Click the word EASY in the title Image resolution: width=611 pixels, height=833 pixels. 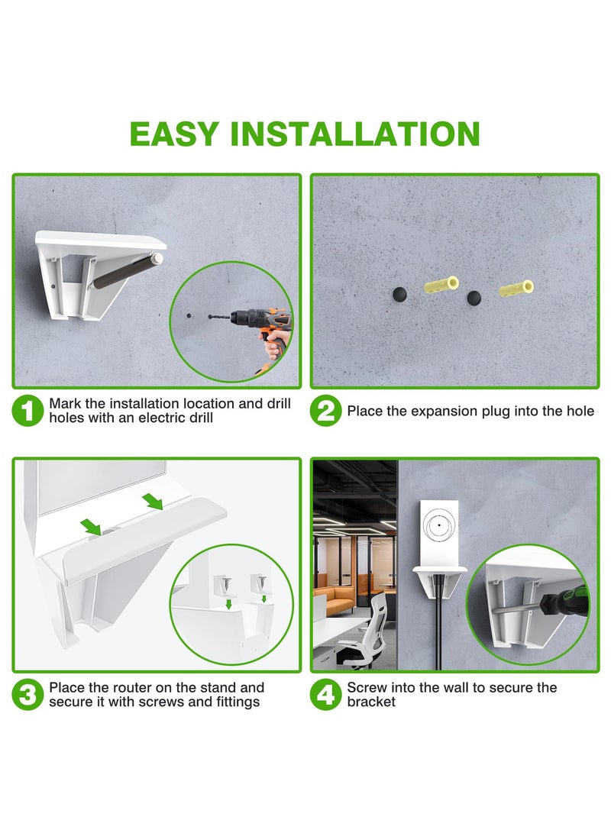174,134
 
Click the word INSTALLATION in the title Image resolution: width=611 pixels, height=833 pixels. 355,134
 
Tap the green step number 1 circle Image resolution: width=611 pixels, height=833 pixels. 28,412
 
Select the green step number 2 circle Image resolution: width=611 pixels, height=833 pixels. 326,412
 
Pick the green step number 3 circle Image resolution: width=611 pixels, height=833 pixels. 28,694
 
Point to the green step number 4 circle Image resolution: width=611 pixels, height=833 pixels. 326,694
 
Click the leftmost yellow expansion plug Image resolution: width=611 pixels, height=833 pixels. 441,286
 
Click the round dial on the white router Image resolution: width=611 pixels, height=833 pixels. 438,528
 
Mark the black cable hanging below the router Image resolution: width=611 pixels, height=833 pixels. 439,626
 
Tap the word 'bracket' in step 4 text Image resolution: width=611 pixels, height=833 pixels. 371,702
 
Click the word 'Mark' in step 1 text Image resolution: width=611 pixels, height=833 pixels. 64,403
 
